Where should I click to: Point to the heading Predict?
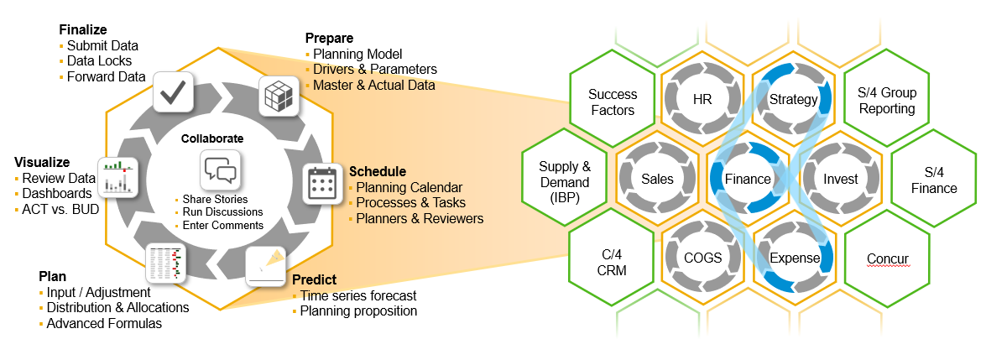314,279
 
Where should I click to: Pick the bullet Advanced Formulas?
105,323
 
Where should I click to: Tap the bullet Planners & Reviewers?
420,218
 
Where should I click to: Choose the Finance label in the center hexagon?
748,179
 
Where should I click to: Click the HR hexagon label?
702,100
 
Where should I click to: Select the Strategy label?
793,100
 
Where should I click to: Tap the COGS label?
702,258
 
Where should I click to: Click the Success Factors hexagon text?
612,102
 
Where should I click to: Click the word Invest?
840,179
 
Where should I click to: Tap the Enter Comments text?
223,225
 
